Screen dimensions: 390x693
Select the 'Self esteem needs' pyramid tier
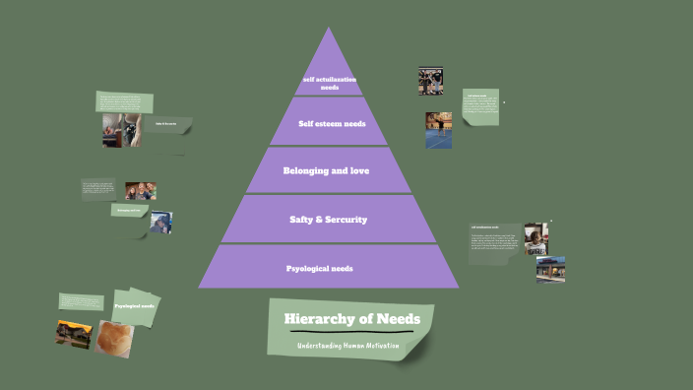pyautogui.click(x=329, y=123)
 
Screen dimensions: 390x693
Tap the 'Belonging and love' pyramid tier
pyautogui.click(x=329, y=170)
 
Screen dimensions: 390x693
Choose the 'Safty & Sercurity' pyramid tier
pyautogui.click(x=329, y=219)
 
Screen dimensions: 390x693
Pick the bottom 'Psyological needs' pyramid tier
pyautogui.click(x=329, y=267)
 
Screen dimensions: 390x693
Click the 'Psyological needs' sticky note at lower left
pyautogui.click(x=136, y=306)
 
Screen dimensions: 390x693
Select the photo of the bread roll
pyautogui.click(x=114, y=339)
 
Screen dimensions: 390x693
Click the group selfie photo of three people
pyautogui.click(x=141, y=190)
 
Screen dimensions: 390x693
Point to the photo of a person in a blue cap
pyautogui.click(x=161, y=223)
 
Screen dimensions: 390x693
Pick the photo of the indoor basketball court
pyautogui.click(x=439, y=130)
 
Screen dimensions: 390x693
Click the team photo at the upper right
pyautogui.click(x=431, y=81)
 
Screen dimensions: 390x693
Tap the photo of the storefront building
pyautogui.click(x=550, y=269)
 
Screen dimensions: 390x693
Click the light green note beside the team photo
pyautogui.click(x=480, y=107)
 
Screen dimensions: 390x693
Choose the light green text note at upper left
pyautogui.click(x=125, y=102)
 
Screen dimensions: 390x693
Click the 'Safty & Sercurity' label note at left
pyautogui.click(x=130, y=210)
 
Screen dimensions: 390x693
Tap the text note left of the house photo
pyautogui.click(x=81, y=301)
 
